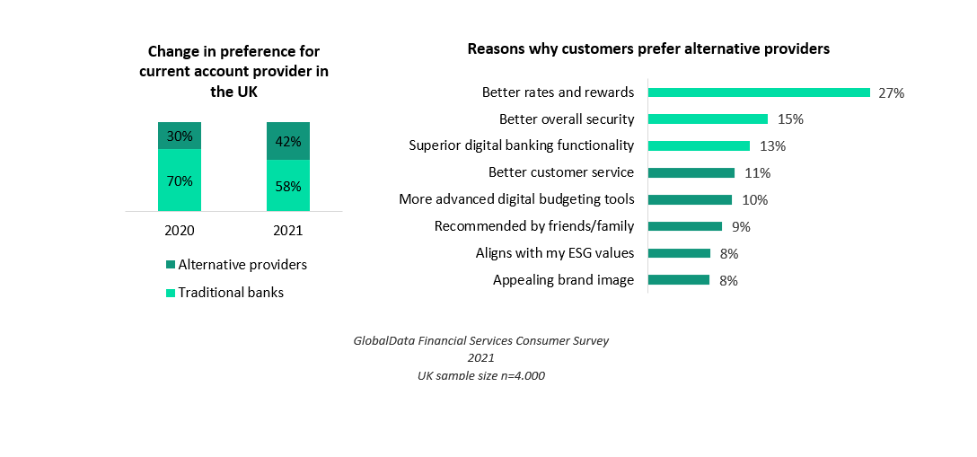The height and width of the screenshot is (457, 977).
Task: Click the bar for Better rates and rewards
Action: [x=759, y=92]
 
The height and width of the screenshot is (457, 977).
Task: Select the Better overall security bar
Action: [x=708, y=119]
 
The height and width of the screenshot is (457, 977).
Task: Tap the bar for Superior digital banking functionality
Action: [x=699, y=145]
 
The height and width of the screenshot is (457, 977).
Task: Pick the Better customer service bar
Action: [x=691, y=172]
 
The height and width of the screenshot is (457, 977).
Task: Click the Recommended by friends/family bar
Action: [x=685, y=226]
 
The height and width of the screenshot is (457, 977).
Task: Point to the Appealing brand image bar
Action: [x=679, y=280]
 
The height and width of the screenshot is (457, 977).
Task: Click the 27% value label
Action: [x=891, y=92]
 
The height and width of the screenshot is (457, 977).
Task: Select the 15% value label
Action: [x=790, y=119]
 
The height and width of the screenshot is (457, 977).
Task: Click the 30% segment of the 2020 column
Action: [x=180, y=135]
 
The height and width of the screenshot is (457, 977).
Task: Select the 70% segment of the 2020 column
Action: [x=180, y=180]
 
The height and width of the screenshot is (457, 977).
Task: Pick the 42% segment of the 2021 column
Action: [x=288, y=141]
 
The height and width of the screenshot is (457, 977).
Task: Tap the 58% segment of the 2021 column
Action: [x=288, y=186]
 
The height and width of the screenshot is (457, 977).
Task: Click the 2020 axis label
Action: [x=180, y=231]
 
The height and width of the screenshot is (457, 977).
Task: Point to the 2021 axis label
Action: [x=288, y=231]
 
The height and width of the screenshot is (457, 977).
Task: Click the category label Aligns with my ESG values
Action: [x=554, y=253]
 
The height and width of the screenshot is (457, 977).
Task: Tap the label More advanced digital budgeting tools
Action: [x=516, y=199]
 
